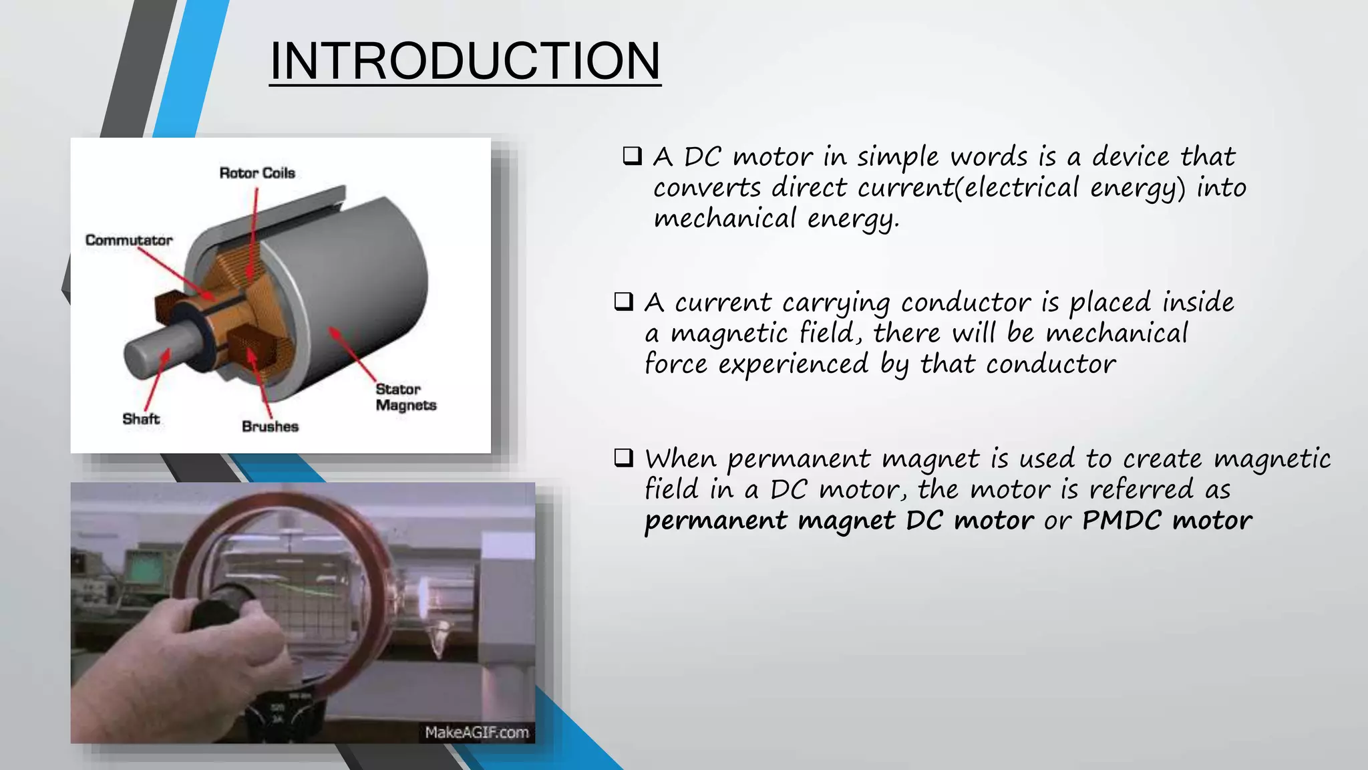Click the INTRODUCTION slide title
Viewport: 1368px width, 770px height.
click(x=465, y=61)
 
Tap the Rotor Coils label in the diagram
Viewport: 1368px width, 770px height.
click(x=257, y=173)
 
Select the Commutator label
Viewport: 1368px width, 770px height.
click(x=129, y=240)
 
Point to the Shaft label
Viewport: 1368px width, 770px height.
click(x=141, y=419)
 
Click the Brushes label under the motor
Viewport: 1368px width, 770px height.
click(x=270, y=426)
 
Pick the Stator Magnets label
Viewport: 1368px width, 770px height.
click(x=405, y=397)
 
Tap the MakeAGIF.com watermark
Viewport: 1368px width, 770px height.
click(x=476, y=733)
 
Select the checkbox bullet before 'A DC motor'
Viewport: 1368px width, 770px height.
click(x=631, y=156)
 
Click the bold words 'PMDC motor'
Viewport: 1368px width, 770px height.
click(x=1166, y=520)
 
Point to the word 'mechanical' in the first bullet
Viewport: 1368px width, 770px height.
click(x=725, y=218)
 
